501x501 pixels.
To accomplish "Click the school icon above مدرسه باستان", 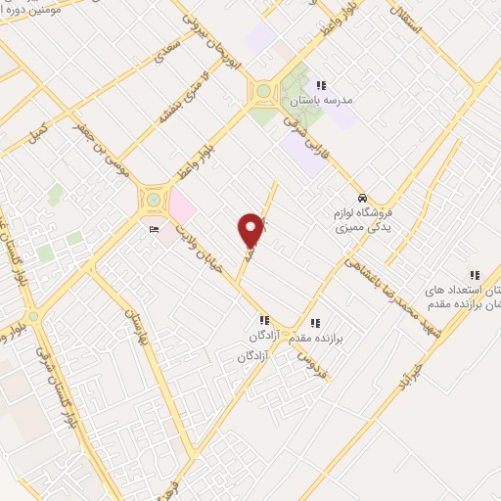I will [321, 85].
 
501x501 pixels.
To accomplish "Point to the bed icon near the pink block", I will [155, 229].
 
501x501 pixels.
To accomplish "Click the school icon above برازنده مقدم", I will [314, 322].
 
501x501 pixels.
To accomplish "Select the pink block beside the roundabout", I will [181, 205].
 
